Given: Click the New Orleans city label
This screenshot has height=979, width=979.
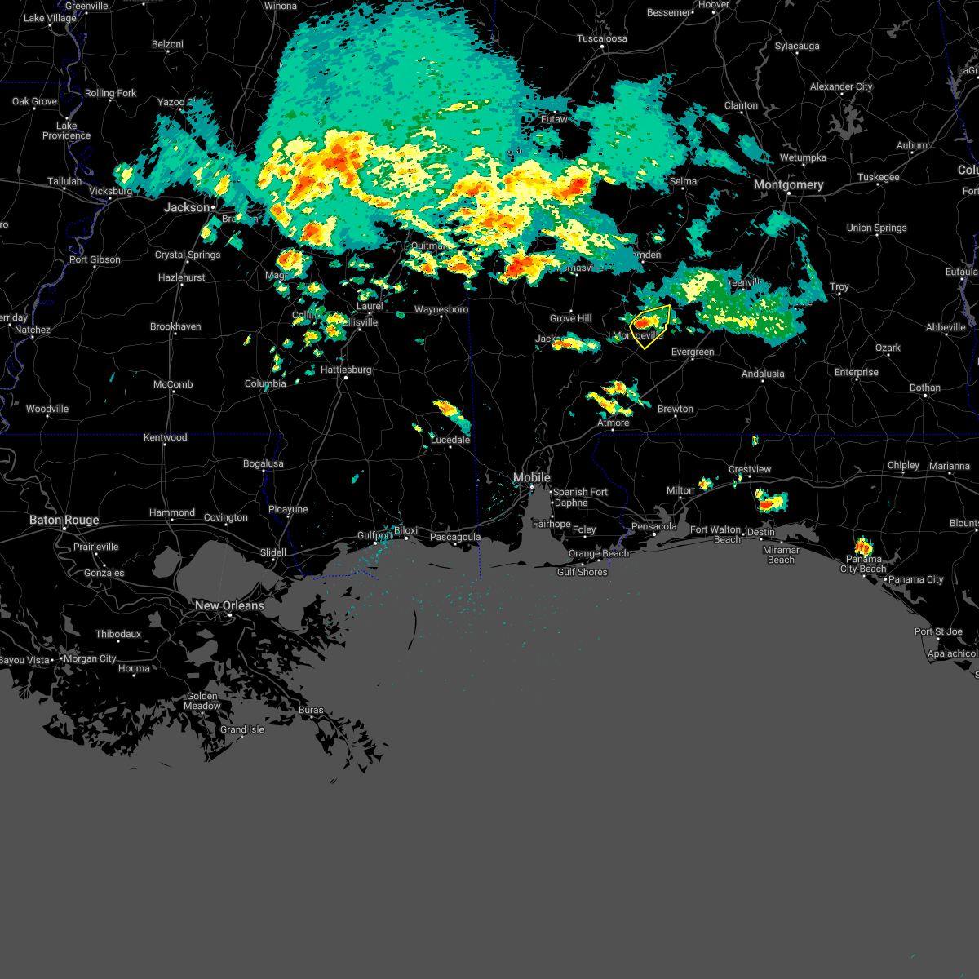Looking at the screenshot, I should tap(229, 605).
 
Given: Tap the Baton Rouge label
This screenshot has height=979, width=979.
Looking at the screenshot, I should tap(64, 520).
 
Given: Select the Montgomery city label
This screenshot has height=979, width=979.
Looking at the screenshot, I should tap(788, 185).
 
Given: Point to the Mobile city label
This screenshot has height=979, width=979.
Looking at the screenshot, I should tap(532, 477).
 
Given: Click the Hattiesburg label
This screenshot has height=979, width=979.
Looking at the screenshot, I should tap(346, 370).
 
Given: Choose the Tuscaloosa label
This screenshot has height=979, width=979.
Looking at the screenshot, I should tap(602, 38).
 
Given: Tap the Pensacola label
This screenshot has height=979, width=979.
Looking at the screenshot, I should tap(654, 526).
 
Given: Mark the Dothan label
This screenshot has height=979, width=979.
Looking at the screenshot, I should tap(925, 388).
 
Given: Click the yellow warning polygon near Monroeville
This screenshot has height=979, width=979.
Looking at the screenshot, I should tap(651, 326).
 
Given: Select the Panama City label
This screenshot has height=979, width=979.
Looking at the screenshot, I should tap(916, 579).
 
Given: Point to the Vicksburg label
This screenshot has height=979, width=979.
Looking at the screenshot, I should tap(110, 191).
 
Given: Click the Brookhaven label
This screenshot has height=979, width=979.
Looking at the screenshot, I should tap(175, 326).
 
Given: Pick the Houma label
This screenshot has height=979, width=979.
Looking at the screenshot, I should tap(134, 668).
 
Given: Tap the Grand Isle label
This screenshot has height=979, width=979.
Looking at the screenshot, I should tap(242, 729).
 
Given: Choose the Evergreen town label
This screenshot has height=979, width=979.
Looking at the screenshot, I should tap(693, 352).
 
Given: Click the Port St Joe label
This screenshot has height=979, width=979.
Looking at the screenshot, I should tap(938, 631).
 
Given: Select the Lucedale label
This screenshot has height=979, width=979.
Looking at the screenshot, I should tap(450, 440).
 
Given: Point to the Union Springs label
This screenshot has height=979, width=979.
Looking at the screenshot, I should tap(876, 228).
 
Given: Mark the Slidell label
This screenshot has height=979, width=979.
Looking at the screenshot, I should tap(273, 552).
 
